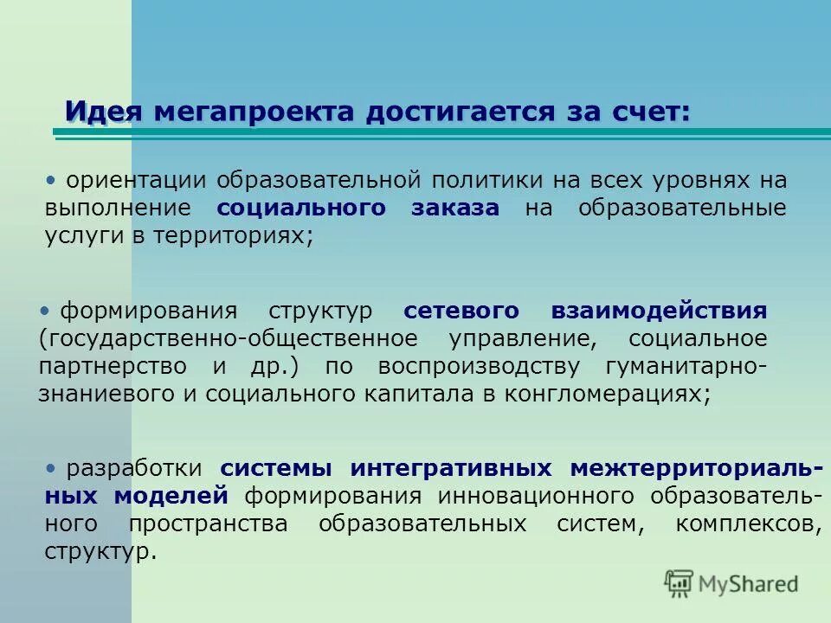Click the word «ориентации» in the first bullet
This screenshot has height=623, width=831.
(137, 181)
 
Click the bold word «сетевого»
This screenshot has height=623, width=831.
(461, 311)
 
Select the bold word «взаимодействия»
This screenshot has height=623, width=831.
(659, 311)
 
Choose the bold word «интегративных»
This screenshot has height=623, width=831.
(451, 469)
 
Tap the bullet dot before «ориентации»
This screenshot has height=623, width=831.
(51, 180)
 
